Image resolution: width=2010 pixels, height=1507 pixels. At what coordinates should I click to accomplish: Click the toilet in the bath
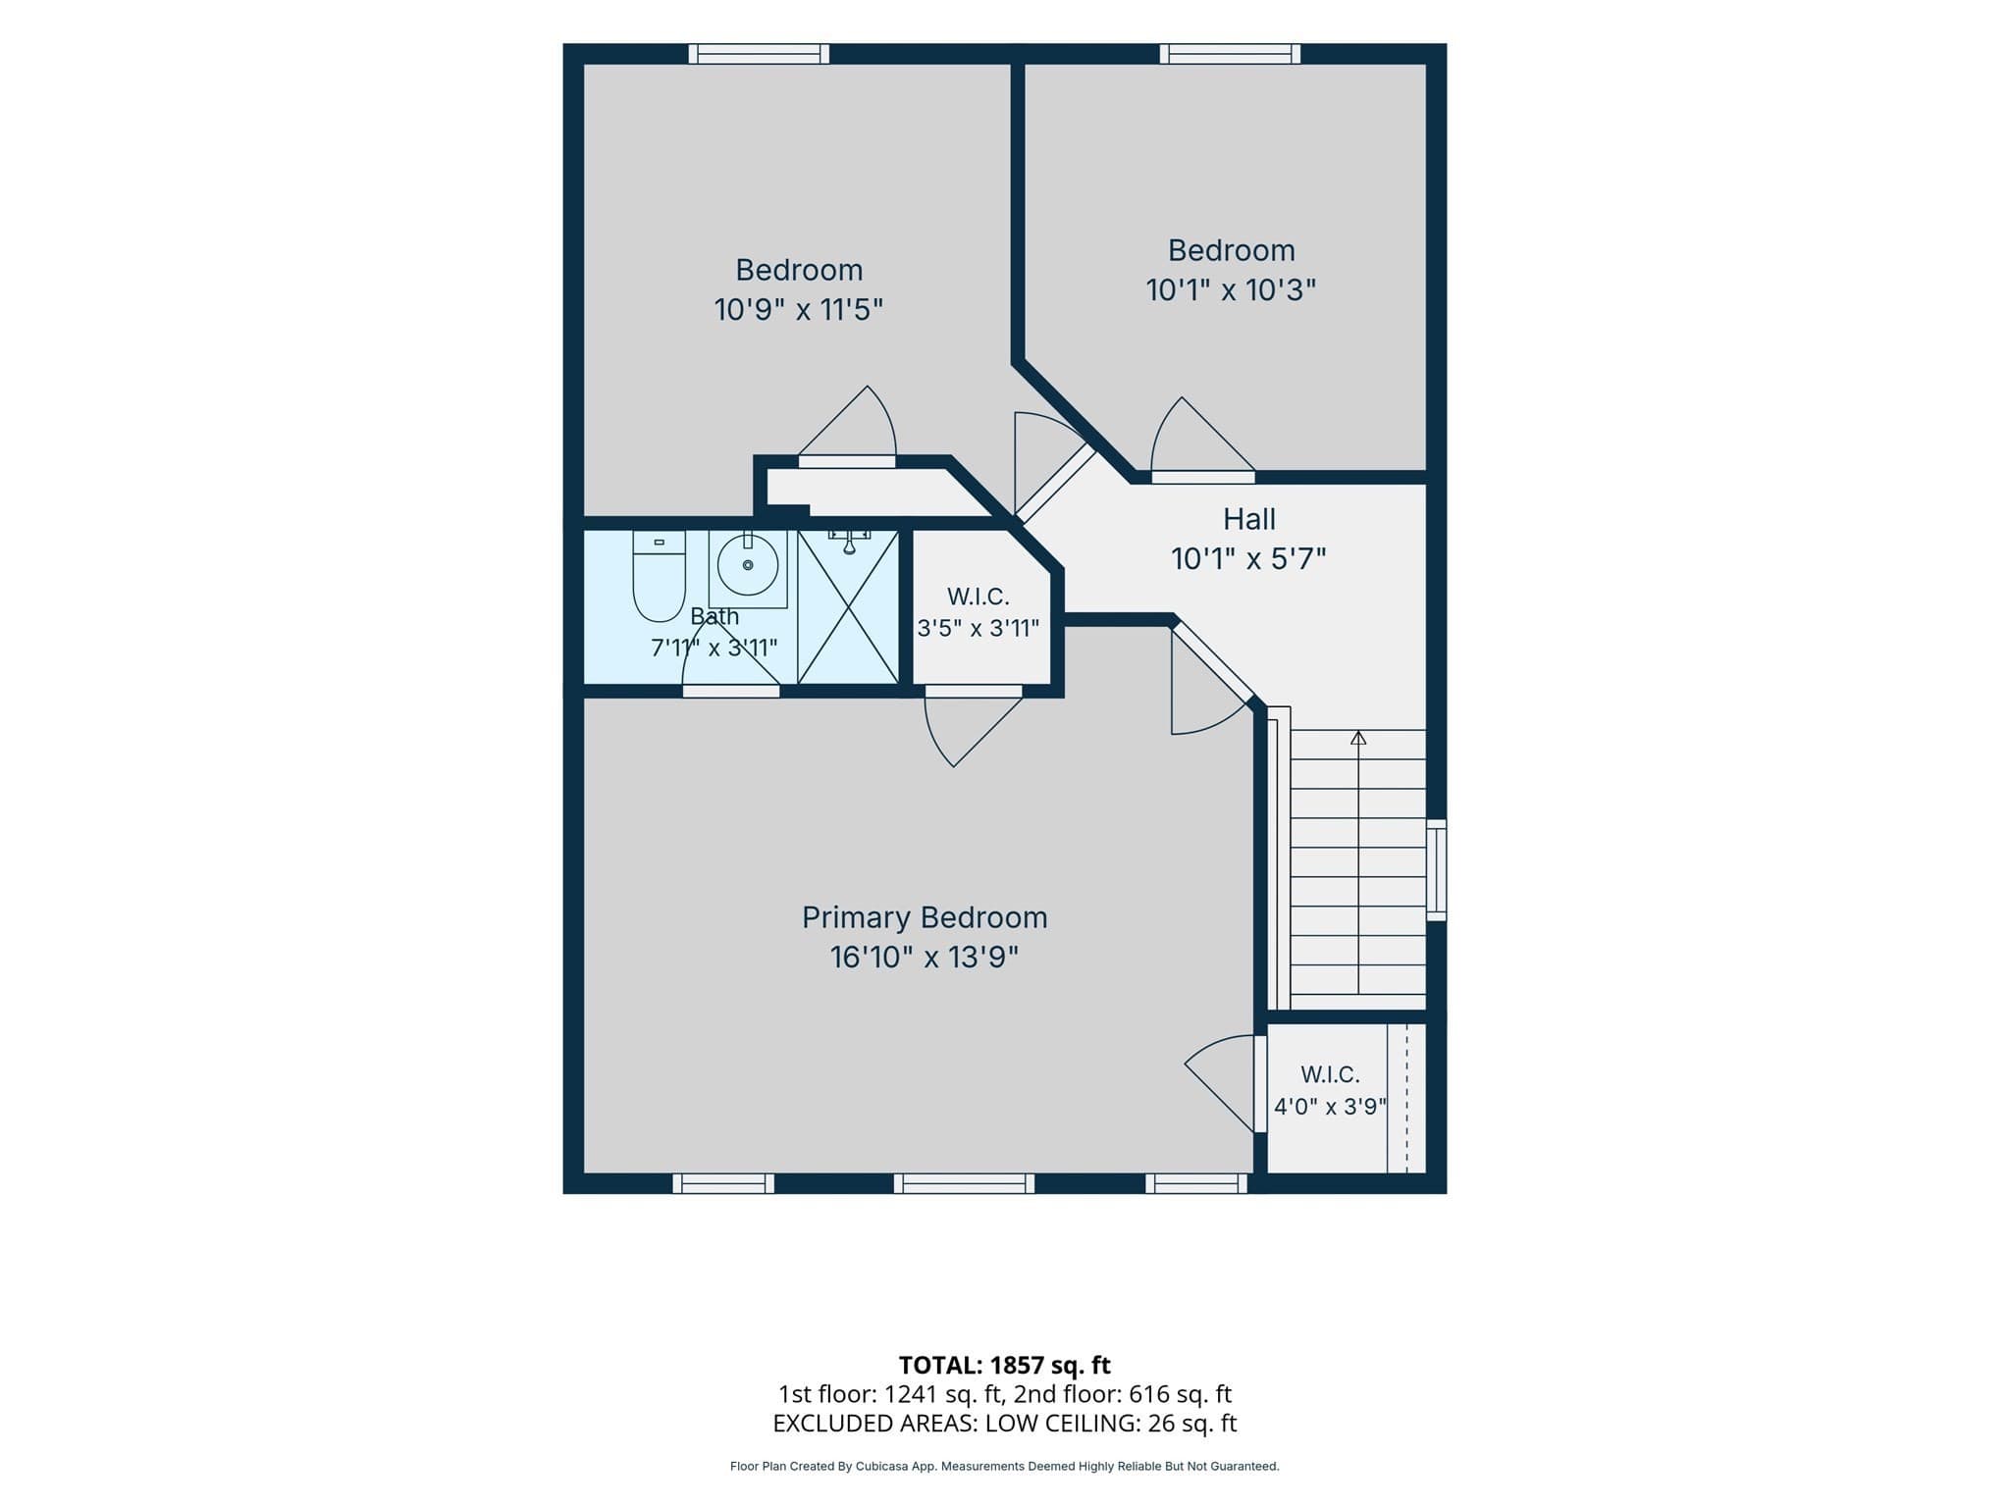[659, 576]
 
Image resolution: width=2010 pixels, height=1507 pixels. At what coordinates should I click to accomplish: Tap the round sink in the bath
[748, 565]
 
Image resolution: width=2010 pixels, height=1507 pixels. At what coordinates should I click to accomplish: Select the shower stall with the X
[848, 606]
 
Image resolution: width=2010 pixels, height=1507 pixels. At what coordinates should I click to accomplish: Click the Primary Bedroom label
[925, 917]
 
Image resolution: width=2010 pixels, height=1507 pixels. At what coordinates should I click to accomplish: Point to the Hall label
[1249, 519]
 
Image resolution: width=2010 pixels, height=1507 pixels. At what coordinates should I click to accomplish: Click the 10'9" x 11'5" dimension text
[799, 310]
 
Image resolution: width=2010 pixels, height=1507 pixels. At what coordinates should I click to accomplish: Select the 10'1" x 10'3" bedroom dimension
[1231, 290]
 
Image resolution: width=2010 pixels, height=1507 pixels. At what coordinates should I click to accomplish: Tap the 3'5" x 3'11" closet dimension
[978, 628]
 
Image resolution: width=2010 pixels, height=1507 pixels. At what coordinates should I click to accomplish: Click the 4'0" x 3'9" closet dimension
[1330, 1107]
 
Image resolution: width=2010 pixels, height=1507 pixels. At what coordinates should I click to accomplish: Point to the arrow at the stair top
[1358, 738]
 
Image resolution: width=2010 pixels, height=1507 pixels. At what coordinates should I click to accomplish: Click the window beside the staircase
[1436, 869]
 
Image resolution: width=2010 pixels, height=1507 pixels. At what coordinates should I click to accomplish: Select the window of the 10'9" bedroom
[759, 54]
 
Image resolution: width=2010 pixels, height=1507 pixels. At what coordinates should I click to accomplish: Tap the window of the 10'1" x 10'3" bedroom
[1230, 54]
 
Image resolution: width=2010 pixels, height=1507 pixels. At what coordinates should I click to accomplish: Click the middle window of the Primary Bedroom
[964, 1183]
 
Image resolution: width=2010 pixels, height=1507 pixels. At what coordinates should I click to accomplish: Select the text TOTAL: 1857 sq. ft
[1005, 1365]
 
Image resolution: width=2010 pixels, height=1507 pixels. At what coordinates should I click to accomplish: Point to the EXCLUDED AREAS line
[1005, 1424]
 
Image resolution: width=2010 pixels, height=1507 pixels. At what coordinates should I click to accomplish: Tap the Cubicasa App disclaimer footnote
[1005, 1466]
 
